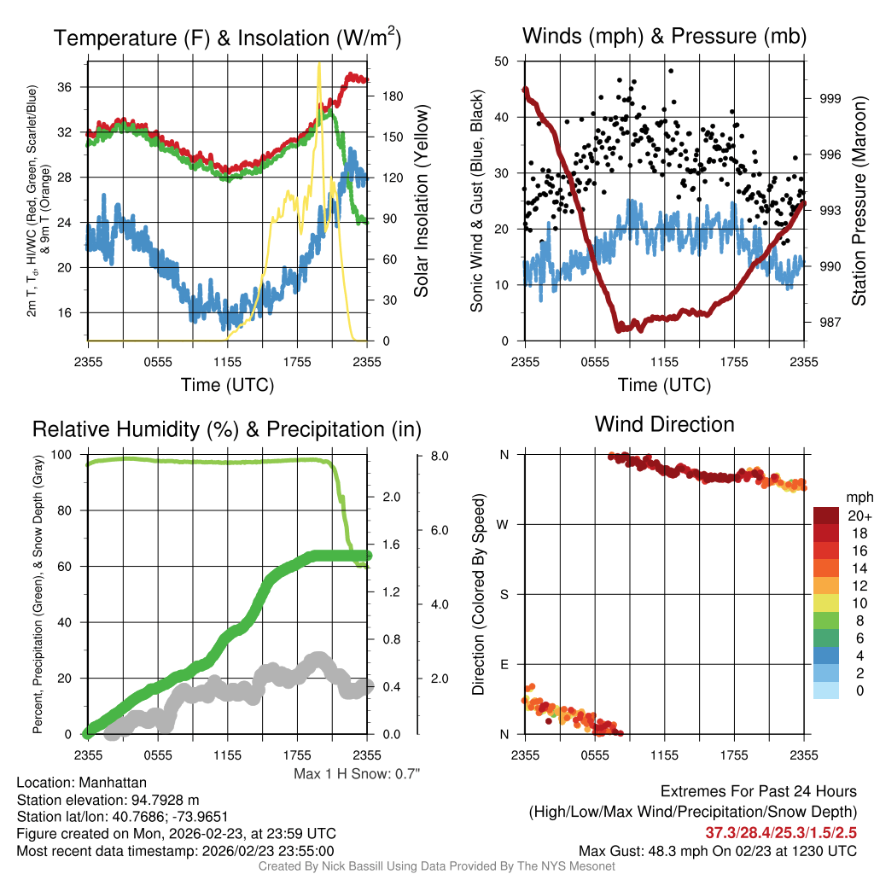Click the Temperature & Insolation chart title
pyautogui.click(x=227, y=38)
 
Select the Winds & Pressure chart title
pyautogui.click(x=664, y=36)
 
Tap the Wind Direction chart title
pyautogui.click(x=664, y=424)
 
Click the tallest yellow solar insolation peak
pyautogui.click(x=318, y=65)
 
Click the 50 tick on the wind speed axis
pyautogui.click(x=502, y=61)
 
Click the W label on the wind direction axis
pyautogui.click(x=504, y=524)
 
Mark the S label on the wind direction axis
pyautogui.click(x=504, y=594)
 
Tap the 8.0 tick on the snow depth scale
pyautogui.click(x=440, y=456)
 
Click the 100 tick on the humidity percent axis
pyautogui.click(x=68, y=455)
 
